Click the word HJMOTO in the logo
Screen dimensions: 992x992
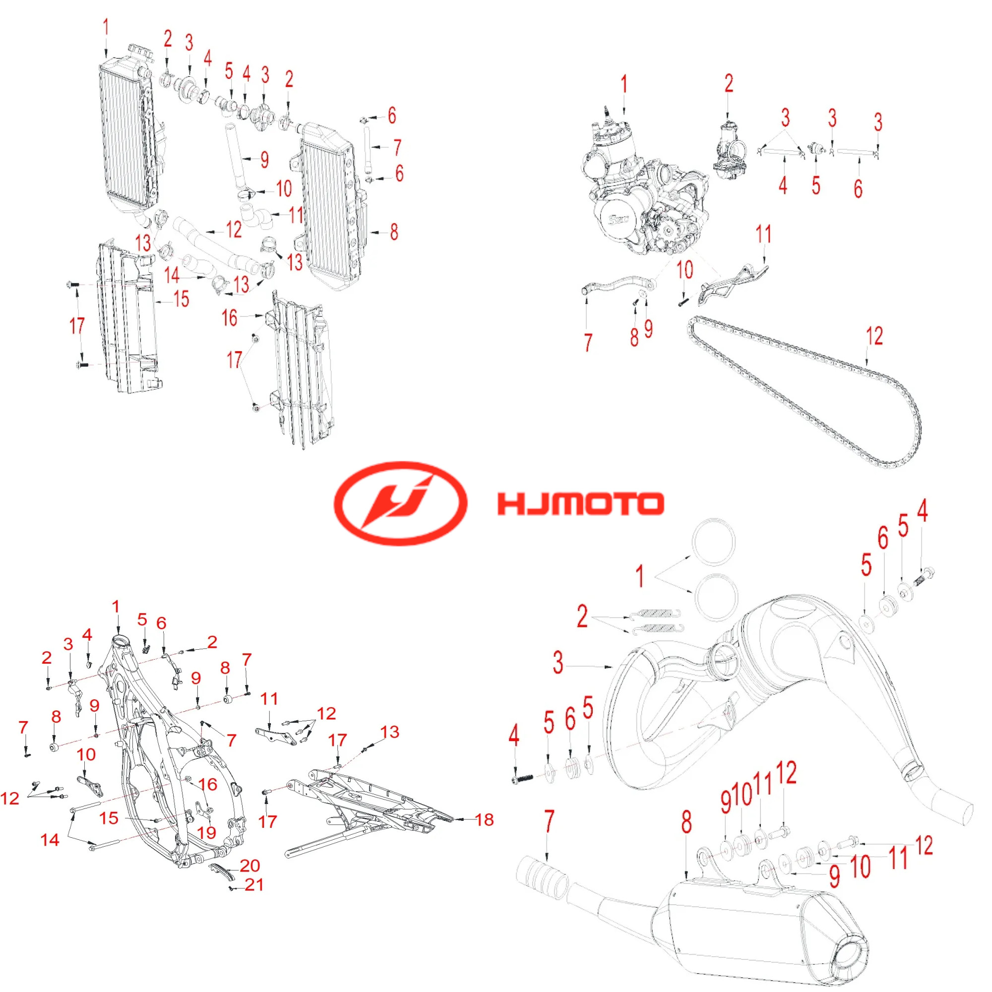tap(580, 504)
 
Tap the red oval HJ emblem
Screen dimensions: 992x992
tap(400, 502)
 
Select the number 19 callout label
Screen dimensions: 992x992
tap(207, 832)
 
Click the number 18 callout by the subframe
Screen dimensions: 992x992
tap(484, 820)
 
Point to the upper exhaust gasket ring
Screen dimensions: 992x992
tap(713, 542)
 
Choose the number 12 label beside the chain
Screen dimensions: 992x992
tap(874, 336)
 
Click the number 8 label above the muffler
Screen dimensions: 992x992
tap(687, 821)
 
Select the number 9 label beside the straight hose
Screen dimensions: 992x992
tap(264, 160)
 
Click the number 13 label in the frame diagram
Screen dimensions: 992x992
tap(390, 732)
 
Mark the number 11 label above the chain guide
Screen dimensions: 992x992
tap(763, 235)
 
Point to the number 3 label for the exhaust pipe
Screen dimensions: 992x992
tap(558, 662)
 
